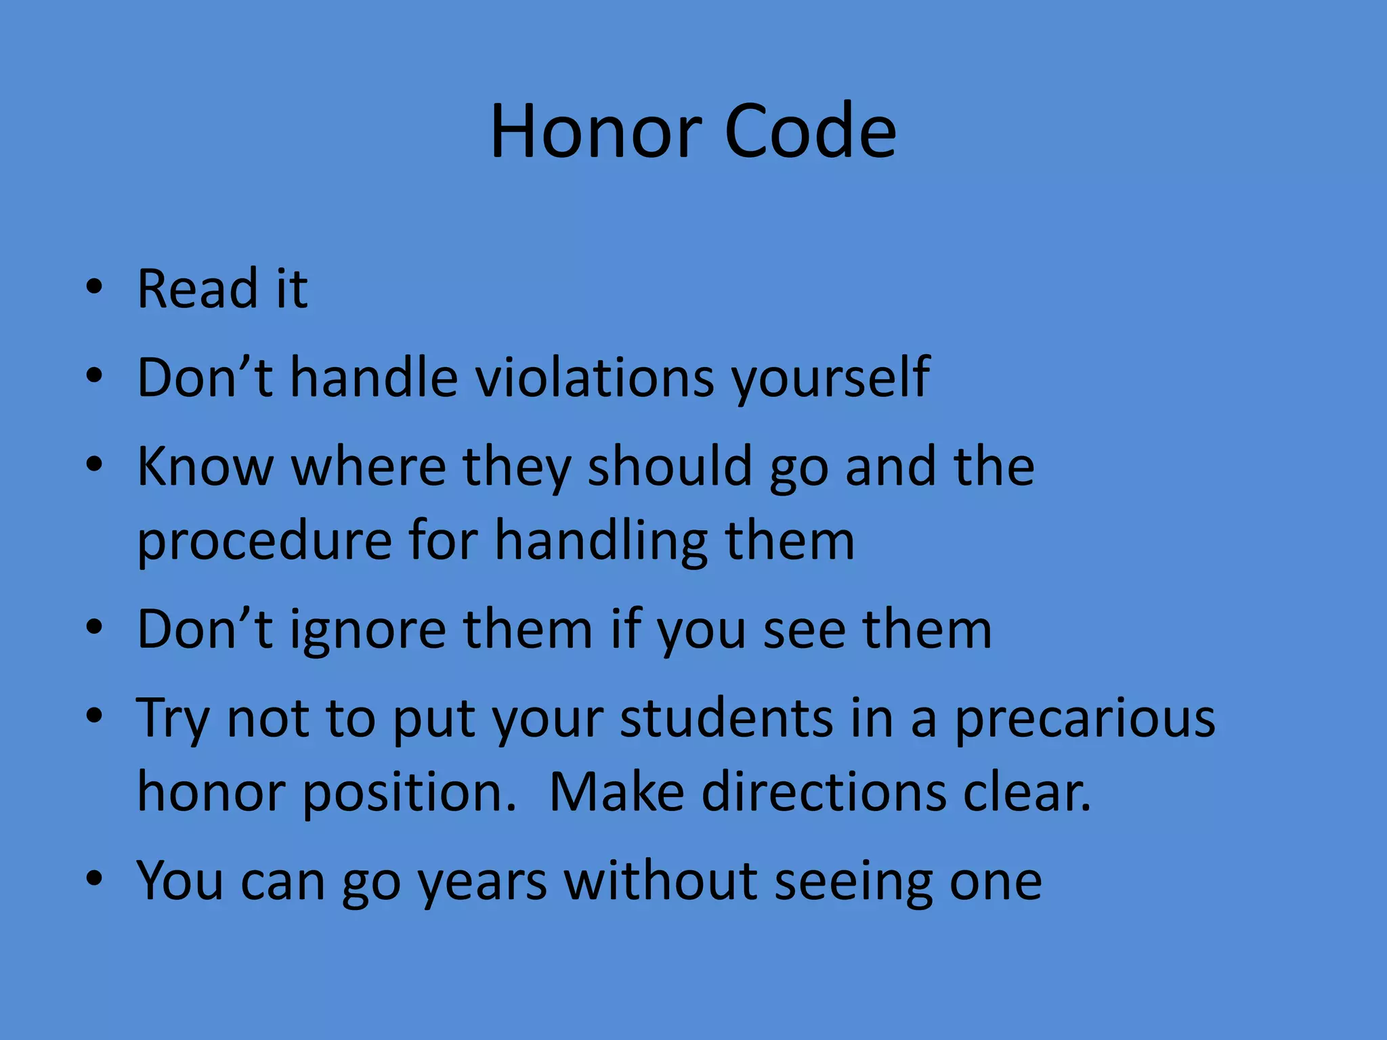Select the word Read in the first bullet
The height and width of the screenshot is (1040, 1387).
[198, 289]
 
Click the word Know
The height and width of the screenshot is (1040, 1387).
[205, 467]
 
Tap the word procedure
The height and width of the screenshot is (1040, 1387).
[265, 542]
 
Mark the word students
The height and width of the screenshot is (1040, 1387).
[726, 718]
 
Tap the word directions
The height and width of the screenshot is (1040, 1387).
[824, 792]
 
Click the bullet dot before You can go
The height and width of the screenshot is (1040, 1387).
[95, 878]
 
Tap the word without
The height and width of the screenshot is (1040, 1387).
[661, 881]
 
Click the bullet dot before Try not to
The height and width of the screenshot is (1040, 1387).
[95, 715]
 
